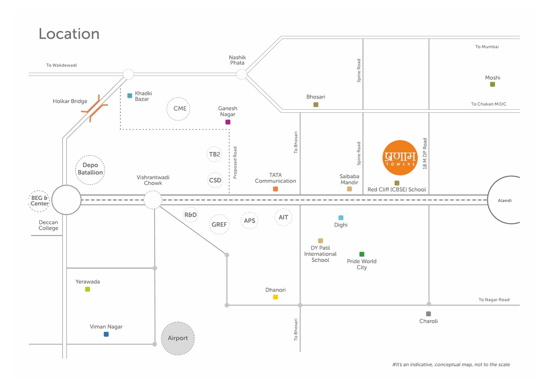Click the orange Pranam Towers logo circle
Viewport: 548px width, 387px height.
click(400, 158)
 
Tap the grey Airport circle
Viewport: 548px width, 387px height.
click(178, 338)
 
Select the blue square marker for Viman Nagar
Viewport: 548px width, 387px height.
click(106, 334)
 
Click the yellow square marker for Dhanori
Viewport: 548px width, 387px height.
click(275, 297)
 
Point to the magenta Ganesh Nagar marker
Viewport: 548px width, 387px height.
click(228, 122)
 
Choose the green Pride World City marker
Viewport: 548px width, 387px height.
click(362, 254)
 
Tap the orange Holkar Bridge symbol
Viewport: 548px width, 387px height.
click(95, 108)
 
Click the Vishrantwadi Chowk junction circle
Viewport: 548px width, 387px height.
click(153, 200)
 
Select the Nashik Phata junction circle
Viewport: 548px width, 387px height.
click(242, 74)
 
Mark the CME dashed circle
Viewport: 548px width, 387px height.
click(178, 109)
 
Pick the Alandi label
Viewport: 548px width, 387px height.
click(504, 201)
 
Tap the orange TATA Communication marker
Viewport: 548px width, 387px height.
click(275, 189)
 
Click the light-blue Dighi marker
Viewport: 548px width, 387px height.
click(341, 218)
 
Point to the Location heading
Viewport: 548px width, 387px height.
click(69, 34)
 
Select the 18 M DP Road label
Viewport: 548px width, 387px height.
click(425, 154)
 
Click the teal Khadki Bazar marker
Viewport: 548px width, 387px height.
click(130, 95)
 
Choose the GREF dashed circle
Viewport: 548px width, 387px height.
click(219, 224)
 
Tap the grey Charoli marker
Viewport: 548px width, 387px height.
click(428, 314)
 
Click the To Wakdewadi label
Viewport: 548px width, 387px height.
click(62, 65)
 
